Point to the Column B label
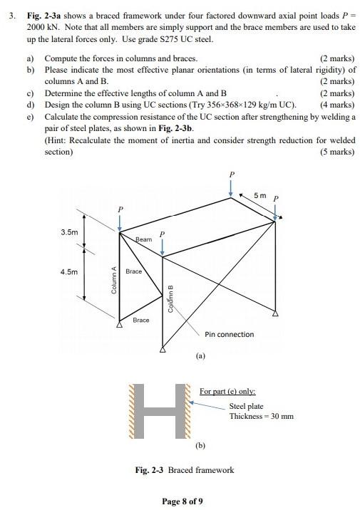(170, 298)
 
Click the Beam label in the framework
(144, 239)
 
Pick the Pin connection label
(229, 334)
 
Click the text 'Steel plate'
(246, 406)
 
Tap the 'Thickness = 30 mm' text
(261, 416)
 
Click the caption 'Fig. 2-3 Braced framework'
(185, 469)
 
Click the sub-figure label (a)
(200, 354)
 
